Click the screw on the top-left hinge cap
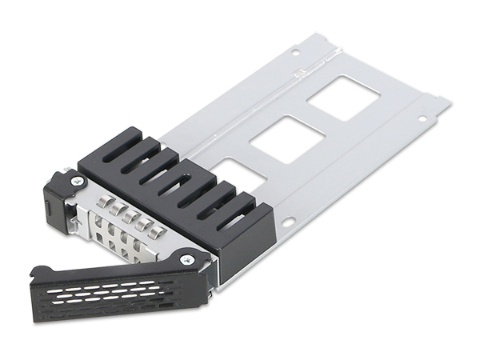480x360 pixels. tap(77, 182)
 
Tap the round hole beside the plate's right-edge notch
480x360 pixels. tap(419, 119)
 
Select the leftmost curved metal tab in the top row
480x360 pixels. tap(102, 202)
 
